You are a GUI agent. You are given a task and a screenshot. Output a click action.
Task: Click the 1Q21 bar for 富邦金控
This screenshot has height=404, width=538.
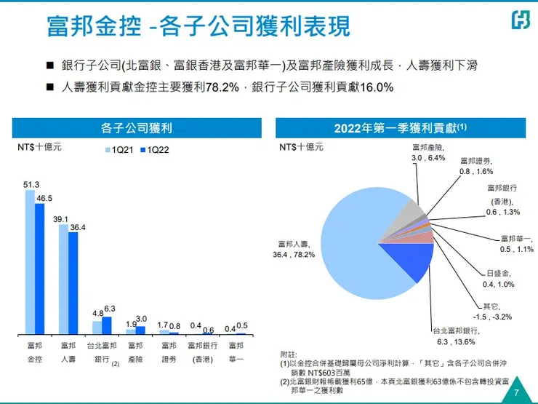pyautogui.click(x=30, y=262)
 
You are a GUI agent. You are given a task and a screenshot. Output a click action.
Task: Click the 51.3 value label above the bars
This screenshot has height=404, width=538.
pyautogui.click(x=31, y=184)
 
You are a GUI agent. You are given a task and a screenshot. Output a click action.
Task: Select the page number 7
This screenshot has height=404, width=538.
pyautogui.click(x=516, y=392)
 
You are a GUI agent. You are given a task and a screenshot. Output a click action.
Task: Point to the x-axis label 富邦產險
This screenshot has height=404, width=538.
pyautogui.click(x=134, y=352)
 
